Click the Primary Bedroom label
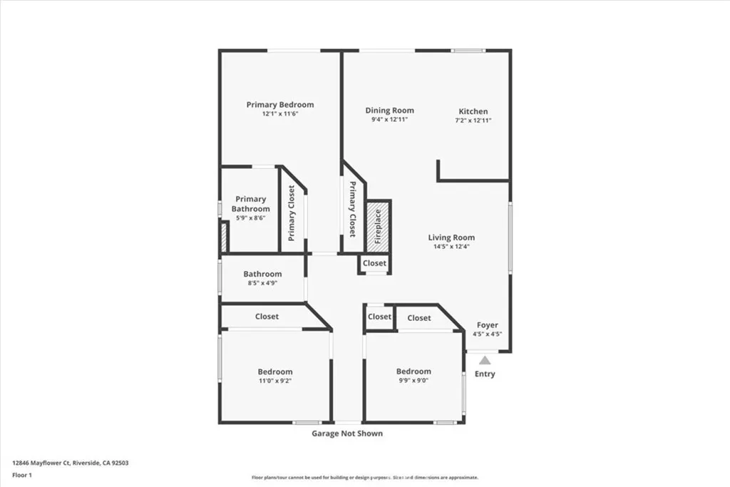tap(279, 105)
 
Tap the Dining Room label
tap(389, 111)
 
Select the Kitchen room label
tap(473, 111)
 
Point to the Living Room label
tap(451, 237)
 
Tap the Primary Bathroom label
tap(251, 204)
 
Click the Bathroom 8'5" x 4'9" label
tap(262, 274)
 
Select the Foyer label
tap(488, 325)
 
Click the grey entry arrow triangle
tap(485, 360)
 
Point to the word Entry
tap(485, 374)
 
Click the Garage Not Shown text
tap(347, 434)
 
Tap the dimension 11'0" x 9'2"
tap(275, 381)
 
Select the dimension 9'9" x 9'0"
tap(413, 380)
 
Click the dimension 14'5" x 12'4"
tap(451, 247)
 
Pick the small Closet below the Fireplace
tap(374, 263)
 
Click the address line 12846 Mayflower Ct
tap(70, 463)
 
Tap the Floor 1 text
tap(21, 474)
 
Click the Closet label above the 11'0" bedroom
tap(267, 317)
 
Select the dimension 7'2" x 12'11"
tap(473, 121)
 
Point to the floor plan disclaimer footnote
tap(364, 478)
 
